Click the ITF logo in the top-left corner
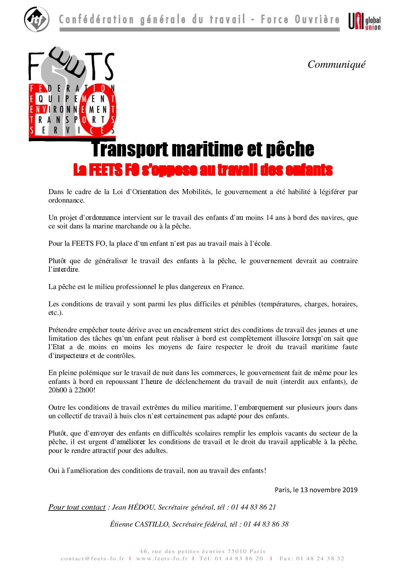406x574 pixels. (36, 19)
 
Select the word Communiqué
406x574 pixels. (336, 64)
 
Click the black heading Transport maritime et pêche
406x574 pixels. (203, 149)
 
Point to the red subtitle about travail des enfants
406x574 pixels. (203, 170)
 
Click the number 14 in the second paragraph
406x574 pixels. (269, 218)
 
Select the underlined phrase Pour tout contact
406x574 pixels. (77, 507)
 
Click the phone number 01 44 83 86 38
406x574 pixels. (266, 524)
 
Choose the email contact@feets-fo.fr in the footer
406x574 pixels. (92, 559)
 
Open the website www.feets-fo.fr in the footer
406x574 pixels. (162, 559)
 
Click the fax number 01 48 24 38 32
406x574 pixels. (320, 559)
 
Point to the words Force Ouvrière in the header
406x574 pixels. (300, 20)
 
